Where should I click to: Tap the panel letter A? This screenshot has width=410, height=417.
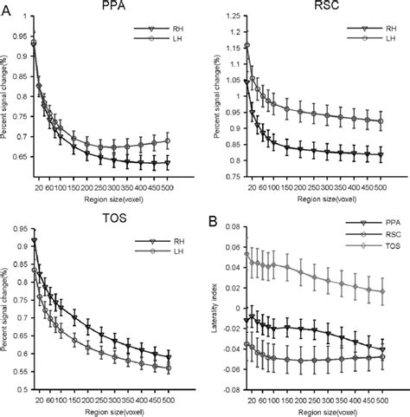click(x=7, y=7)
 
